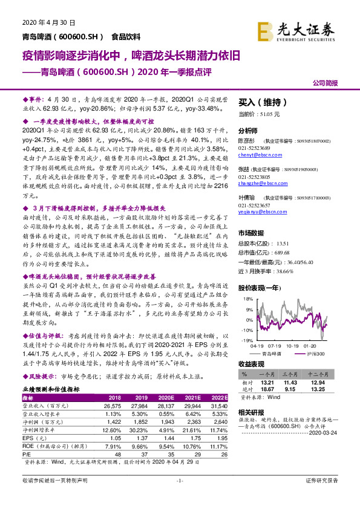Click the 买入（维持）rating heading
tap(262, 103)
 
